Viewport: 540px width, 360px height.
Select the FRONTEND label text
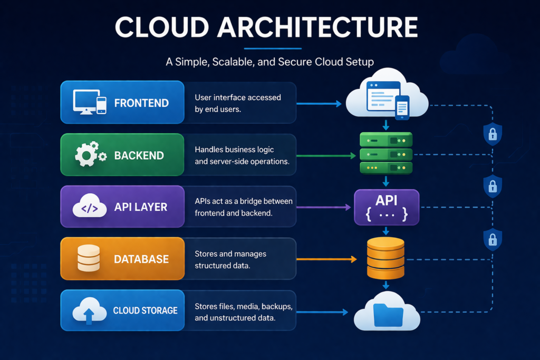tap(141, 103)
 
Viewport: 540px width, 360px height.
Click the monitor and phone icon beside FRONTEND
tap(90, 102)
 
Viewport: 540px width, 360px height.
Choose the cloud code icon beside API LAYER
tap(88, 207)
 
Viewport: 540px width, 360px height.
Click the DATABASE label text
tap(141, 259)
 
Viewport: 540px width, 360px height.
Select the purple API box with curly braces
tap(387, 207)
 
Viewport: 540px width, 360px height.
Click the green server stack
tap(385, 153)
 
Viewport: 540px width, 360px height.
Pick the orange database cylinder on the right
tap(385, 258)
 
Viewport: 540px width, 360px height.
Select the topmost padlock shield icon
tap(492, 134)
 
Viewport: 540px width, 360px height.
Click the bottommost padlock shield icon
tap(492, 239)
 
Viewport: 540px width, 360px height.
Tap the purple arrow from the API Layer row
tap(324, 208)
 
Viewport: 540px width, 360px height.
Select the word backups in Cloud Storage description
tap(273, 306)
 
